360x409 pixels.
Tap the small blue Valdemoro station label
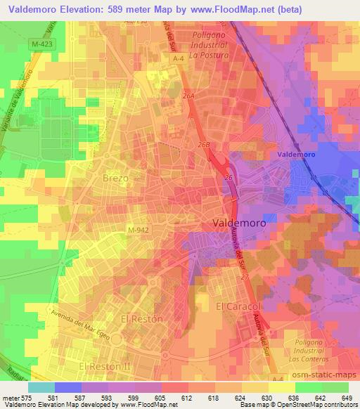(x=296, y=154)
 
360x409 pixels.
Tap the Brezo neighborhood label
(x=115, y=178)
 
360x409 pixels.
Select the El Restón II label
(x=105, y=367)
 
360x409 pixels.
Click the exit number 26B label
(x=204, y=145)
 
